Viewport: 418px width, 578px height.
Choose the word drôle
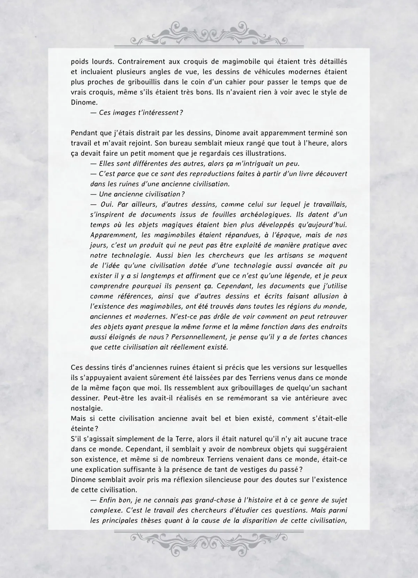point(231,317)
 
